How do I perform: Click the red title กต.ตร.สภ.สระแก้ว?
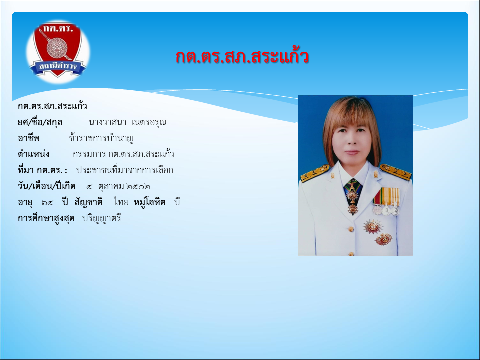(x=242, y=56)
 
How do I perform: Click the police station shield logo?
(x=58, y=51)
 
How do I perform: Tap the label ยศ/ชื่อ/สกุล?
(x=40, y=122)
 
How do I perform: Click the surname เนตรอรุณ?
(x=149, y=122)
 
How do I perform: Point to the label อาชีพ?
(x=29, y=138)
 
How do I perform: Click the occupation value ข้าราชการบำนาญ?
(x=101, y=138)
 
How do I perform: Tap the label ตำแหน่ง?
(x=33, y=154)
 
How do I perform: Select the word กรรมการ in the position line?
(x=89, y=154)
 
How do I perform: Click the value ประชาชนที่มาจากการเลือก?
(x=125, y=170)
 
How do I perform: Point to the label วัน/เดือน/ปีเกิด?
(x=46, y=186)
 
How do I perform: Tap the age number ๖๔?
(x=47, y=202)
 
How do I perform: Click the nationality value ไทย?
(x=121, y=202)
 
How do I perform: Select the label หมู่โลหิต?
(x=150, y=202)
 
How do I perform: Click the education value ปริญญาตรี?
(x=102, y=218)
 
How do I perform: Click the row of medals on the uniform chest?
(x=386, y=201)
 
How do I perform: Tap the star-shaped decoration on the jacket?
(x=373, y=227)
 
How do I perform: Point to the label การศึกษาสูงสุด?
(x=46, y=218)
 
